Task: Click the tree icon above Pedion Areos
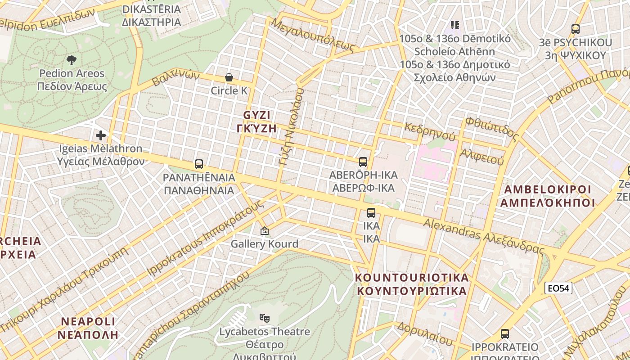[71, 60]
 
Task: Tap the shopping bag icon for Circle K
[229, 77]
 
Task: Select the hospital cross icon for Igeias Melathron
[101, 135]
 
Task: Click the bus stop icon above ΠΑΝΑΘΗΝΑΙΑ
[199, 164]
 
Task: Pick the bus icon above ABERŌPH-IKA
[363, 162]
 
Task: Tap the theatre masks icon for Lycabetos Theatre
[265, 318]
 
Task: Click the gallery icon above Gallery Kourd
[265, 231]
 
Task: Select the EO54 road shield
[558, 288]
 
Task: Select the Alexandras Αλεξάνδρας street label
[484, 236]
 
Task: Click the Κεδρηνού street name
[430, 131]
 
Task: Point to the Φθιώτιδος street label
[492, 126]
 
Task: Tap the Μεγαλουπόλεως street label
[313, 34]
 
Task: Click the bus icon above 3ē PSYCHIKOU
[575, 29]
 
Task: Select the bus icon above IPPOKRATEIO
[505, 334]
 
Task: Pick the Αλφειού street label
[481, 156]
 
